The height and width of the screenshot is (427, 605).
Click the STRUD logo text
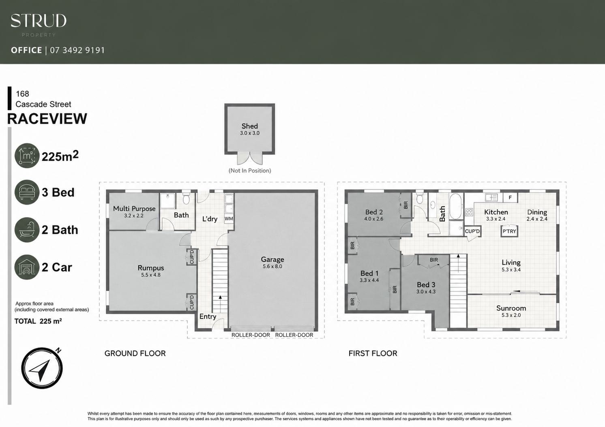pos(39,21)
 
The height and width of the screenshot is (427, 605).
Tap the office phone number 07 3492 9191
pos(77,50)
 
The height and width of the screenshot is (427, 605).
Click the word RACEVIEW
pos(47,119)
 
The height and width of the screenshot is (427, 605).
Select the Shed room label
pos(249,126)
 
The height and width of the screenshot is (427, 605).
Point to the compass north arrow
pos(41,370)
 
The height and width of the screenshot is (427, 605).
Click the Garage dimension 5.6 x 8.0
pos(272,267)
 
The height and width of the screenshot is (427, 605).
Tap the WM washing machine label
pos(229,219)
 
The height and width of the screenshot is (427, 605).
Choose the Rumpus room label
pos(151,268)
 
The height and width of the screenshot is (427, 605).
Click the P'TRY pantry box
pos(509,231)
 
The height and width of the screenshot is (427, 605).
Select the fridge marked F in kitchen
pos(510,198)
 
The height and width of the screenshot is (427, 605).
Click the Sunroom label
pos(511,308)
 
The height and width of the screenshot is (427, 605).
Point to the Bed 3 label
pos(426,285)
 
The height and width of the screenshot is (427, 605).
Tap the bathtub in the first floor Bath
pos(456,207)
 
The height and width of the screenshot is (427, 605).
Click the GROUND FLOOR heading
pos(135,353)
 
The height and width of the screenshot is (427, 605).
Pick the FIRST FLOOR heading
pos(373,353)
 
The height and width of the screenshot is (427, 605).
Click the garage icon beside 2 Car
pos(27,267)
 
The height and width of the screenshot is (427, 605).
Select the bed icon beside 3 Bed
pos(27,192)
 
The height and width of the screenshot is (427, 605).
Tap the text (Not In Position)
pos(249,171)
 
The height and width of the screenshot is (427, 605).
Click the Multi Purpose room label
pos(134,209)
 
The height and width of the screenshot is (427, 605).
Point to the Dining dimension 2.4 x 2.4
pos(537,219)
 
